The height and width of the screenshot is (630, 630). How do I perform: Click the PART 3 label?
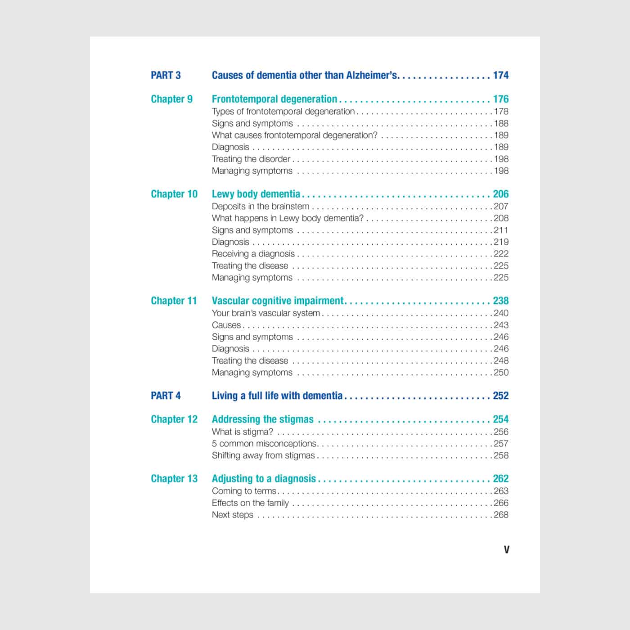[166, 75]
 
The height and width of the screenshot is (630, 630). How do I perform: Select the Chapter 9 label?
[171, 99]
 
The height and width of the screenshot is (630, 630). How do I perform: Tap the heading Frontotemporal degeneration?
[274, 99]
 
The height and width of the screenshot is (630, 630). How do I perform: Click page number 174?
[500, 75]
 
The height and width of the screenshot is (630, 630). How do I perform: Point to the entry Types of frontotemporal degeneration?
[283, 111]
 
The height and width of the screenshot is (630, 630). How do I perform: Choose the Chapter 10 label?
[174, 194]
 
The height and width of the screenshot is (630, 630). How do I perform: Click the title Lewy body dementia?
[256, 194]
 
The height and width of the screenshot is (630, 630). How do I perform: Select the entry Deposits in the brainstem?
[261, 206]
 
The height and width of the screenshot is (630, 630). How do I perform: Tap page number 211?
[501, 230]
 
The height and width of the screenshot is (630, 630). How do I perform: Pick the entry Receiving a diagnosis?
[253, 254]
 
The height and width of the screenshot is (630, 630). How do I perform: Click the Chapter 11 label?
[174, 301]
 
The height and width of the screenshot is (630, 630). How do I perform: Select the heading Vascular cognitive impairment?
[278, 301]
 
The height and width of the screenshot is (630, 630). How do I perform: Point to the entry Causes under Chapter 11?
[226, 325]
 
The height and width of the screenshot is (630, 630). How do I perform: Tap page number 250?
[501, 372]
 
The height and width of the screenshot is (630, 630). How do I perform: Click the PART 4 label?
[166, 396]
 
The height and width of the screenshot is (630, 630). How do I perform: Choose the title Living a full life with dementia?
[277, 396]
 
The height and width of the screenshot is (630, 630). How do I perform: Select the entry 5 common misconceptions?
[264, 443]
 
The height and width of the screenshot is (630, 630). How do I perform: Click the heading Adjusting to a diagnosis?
[264, 478]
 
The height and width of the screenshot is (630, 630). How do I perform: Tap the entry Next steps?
[232, 515]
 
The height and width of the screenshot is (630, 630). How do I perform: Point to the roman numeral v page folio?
[507, 549]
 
